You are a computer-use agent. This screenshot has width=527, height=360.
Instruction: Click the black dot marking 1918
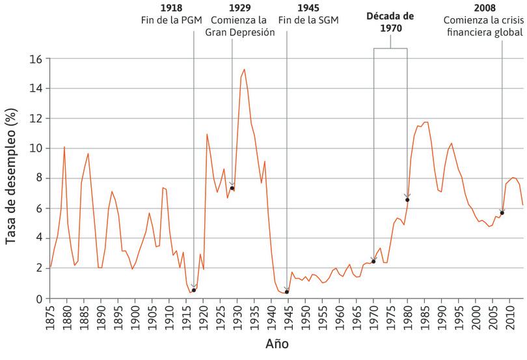coord(194,290)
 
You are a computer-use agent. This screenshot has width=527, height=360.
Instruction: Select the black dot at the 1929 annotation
coord(232,188)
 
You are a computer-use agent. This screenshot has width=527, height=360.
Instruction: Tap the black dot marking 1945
coord(287,292)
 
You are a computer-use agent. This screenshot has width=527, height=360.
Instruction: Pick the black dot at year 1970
coord(373,262)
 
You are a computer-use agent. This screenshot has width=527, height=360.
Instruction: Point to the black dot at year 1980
coord(407,200)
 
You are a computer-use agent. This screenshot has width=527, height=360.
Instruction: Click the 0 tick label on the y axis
coord(38,299)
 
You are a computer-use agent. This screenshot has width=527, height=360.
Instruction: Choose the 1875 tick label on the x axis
coord(51,317)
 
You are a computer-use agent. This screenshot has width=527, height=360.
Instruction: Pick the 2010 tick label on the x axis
coord(512,317)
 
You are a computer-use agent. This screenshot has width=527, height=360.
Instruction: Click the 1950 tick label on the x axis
coord(306,317)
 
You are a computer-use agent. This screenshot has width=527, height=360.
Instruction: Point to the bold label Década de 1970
coord(391,22)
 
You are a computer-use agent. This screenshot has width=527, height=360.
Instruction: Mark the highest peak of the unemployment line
coord(244,69)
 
